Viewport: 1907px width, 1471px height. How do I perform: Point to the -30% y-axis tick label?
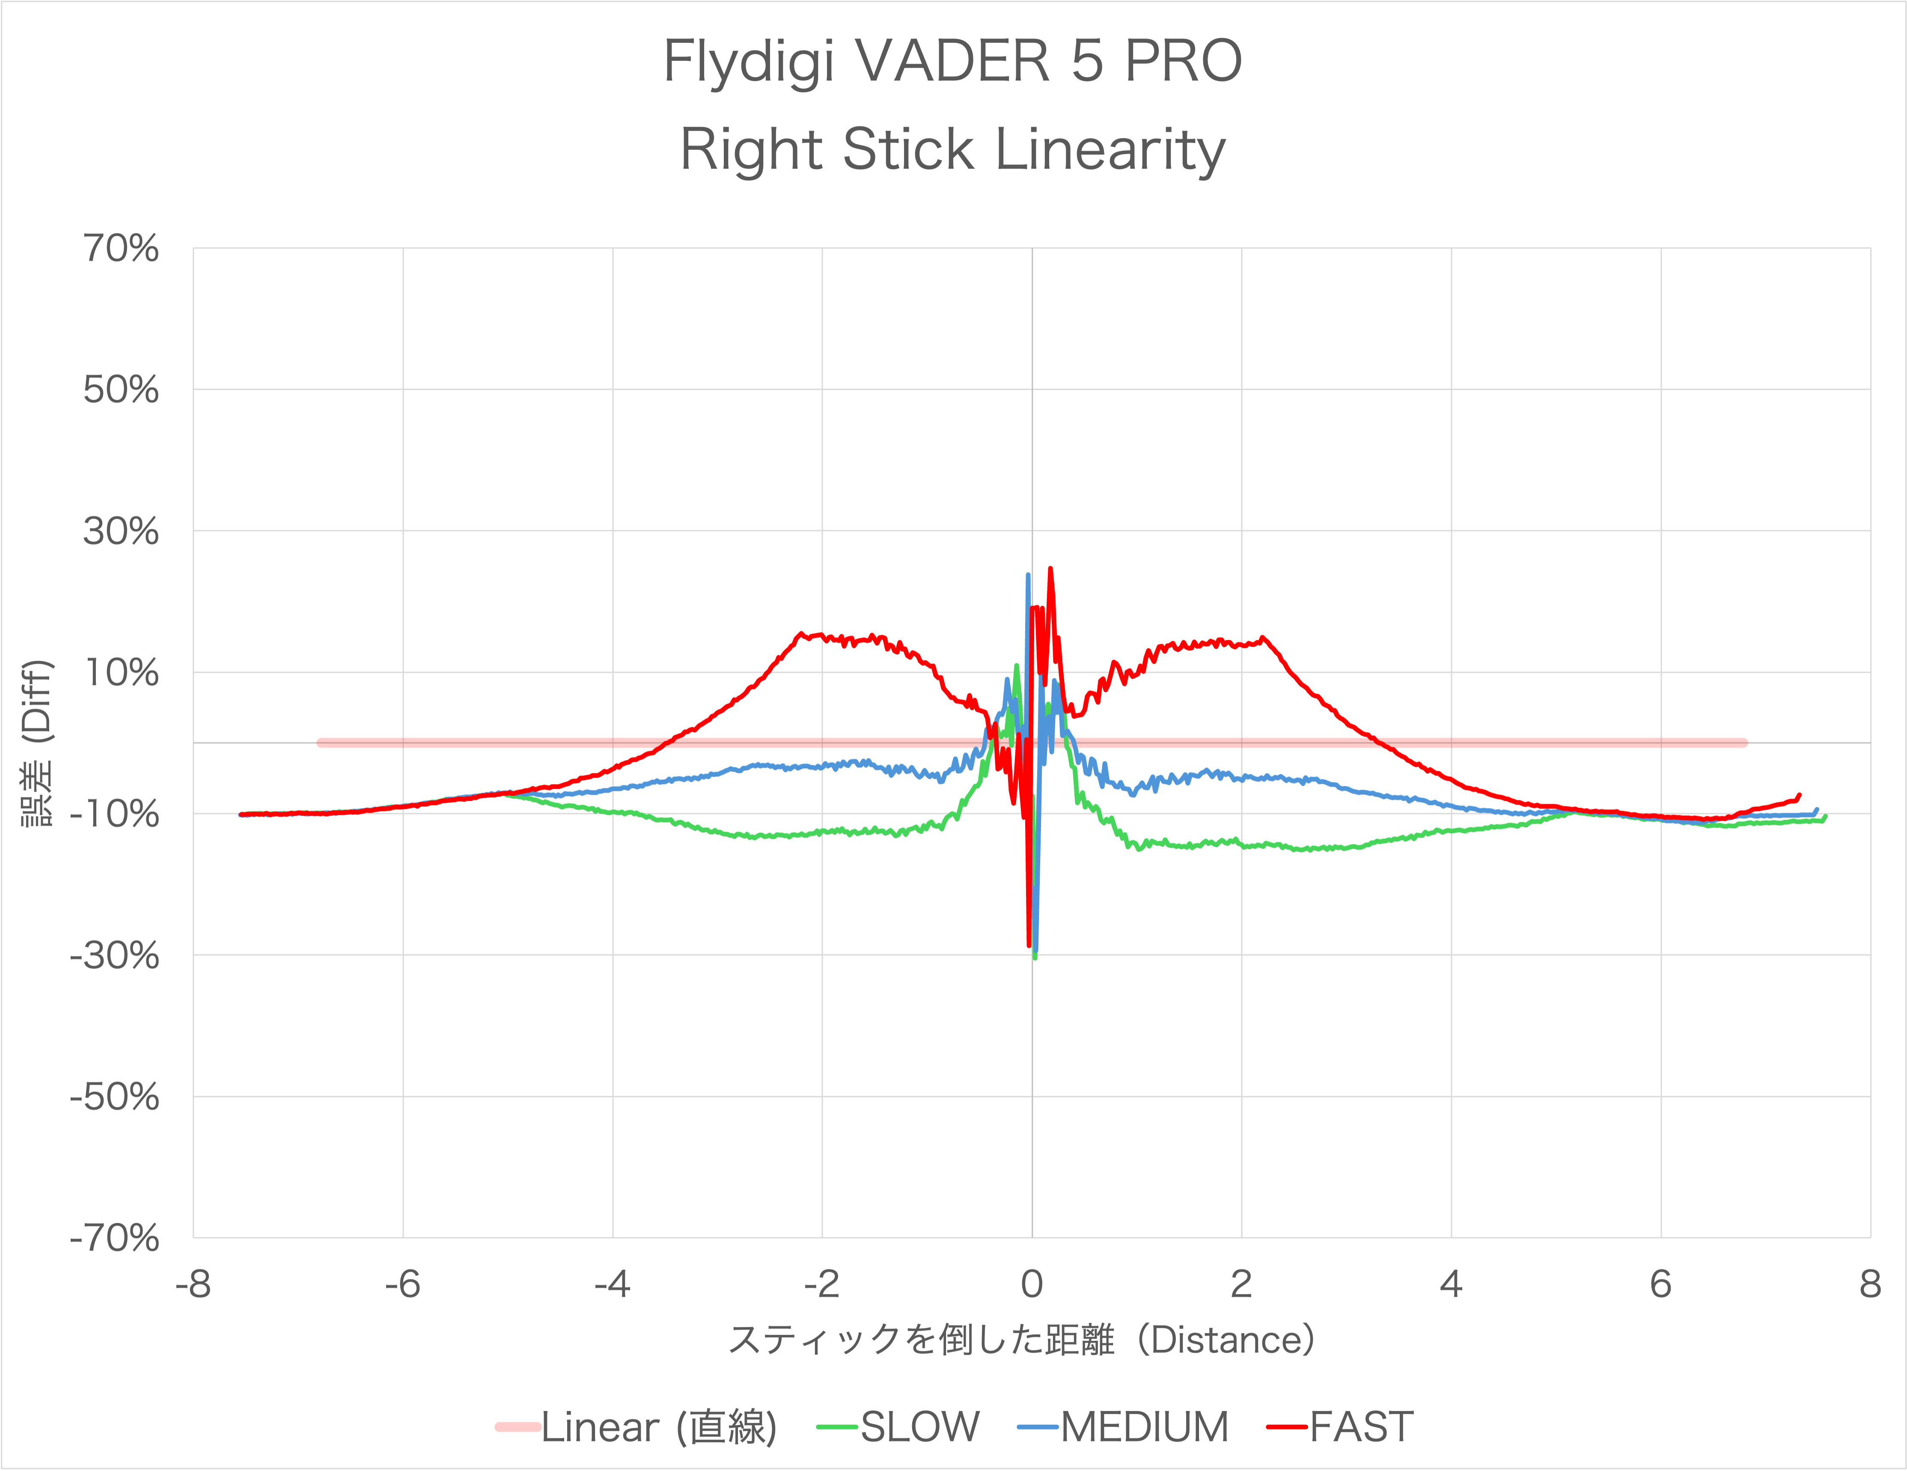(x=114, y=956)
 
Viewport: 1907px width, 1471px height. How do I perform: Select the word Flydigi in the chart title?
(x=749, y=63)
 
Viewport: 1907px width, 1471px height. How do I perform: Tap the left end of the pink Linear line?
(x=321, y=743)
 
